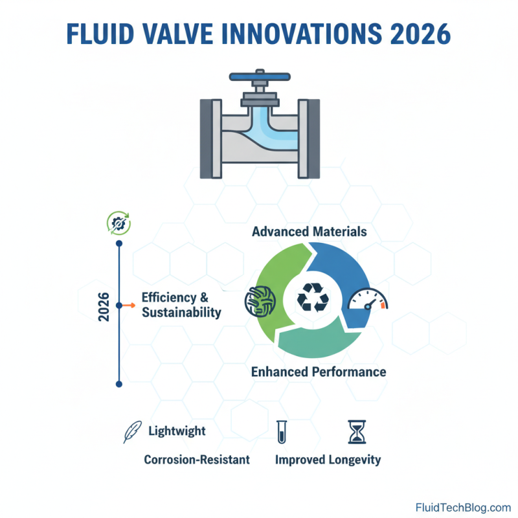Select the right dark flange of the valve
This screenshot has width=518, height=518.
pyautogui.click(x=311, y=139)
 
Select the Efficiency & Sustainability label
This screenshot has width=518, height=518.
pyautogui.click(x=182, y=305)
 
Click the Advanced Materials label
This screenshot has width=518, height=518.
pyautogui.click(x=309, y=231)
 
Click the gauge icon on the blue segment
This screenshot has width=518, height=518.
pyautogui.click(x=366, y=300)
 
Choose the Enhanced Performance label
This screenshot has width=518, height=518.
pyautogui.click(x=318, y=372)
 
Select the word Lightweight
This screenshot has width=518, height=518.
pyautogui.click(x=177, y=431)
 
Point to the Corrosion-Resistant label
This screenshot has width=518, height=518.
pyautogui.click(x=196, y=460)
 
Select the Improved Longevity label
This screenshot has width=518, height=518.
pyautogui.click(x=328, y=460)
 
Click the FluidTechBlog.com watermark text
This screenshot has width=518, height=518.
pyautogui.click(x=463, y=507)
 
